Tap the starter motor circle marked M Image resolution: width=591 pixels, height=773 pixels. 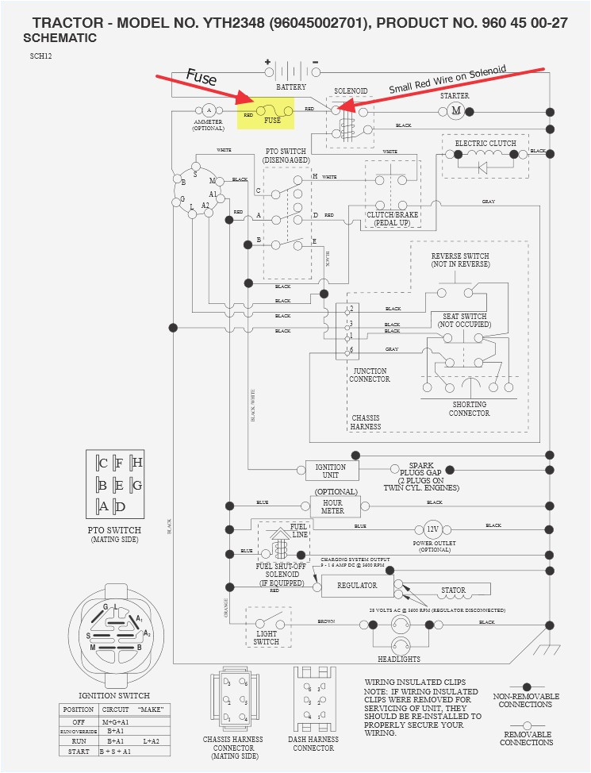tap(455, 110)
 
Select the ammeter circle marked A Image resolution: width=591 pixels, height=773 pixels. tap(209, 110)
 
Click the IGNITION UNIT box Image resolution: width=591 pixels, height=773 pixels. tap(332, 471)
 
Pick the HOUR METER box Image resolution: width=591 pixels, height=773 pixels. tap(333, 506)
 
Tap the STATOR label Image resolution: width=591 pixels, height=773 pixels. tap(454, 590)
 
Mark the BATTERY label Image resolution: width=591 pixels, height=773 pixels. tap(291, 86)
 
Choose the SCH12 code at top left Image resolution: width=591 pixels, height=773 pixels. tap(42, 56)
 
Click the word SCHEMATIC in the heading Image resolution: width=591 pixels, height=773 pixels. tap(60, 38)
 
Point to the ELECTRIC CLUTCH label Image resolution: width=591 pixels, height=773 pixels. tap(485, 143)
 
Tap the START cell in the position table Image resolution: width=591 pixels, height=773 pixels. tap(79, 751)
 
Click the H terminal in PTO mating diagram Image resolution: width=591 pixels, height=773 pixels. tap(137, 463)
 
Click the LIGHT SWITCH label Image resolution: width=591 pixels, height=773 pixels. tap(266, 636)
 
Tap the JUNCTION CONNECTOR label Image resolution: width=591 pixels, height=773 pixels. tap(370, 375)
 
